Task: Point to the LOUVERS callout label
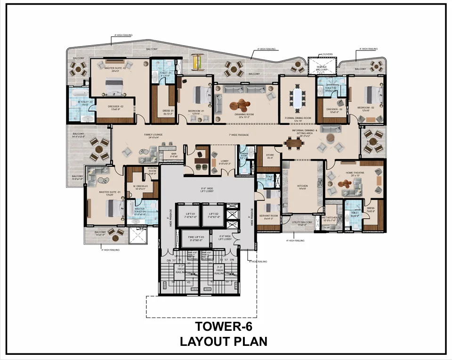[325, 54]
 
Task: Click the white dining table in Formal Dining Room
[297, 98]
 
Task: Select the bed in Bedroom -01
[202, 94]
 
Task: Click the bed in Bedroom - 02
[369, 94]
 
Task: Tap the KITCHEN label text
[302, 187]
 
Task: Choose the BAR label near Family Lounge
[174, 154]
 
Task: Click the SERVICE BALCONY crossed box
[322, 66]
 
